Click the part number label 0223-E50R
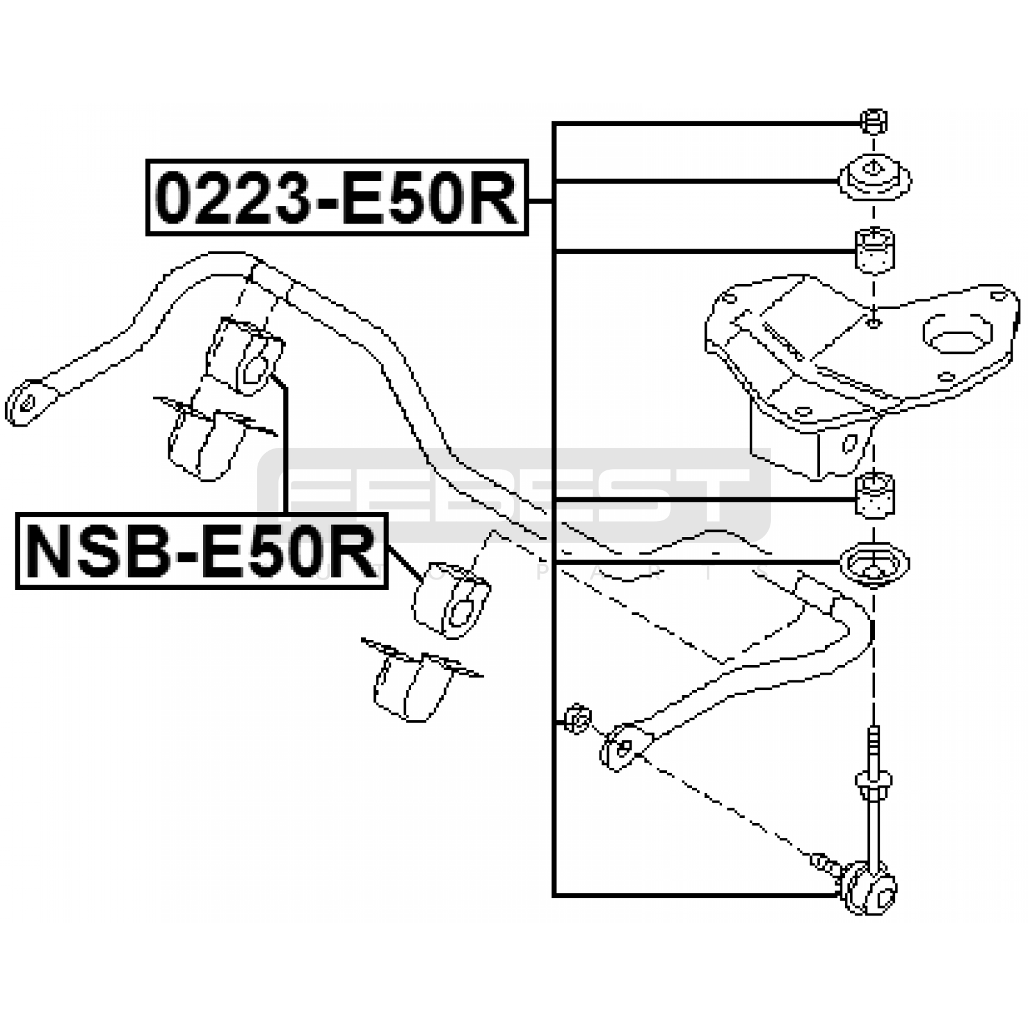pyautogui.click(x=337, y=197)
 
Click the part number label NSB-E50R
pyautogui.click(x=201, y=551)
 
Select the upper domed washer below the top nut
pyautogui.click(x=874, y=179)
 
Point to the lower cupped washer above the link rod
pyautogui.click(x=874, y=563)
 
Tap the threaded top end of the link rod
pyautogui.click(x=874, y=745)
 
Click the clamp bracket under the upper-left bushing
pyautogui.click(x=202, y=440)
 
